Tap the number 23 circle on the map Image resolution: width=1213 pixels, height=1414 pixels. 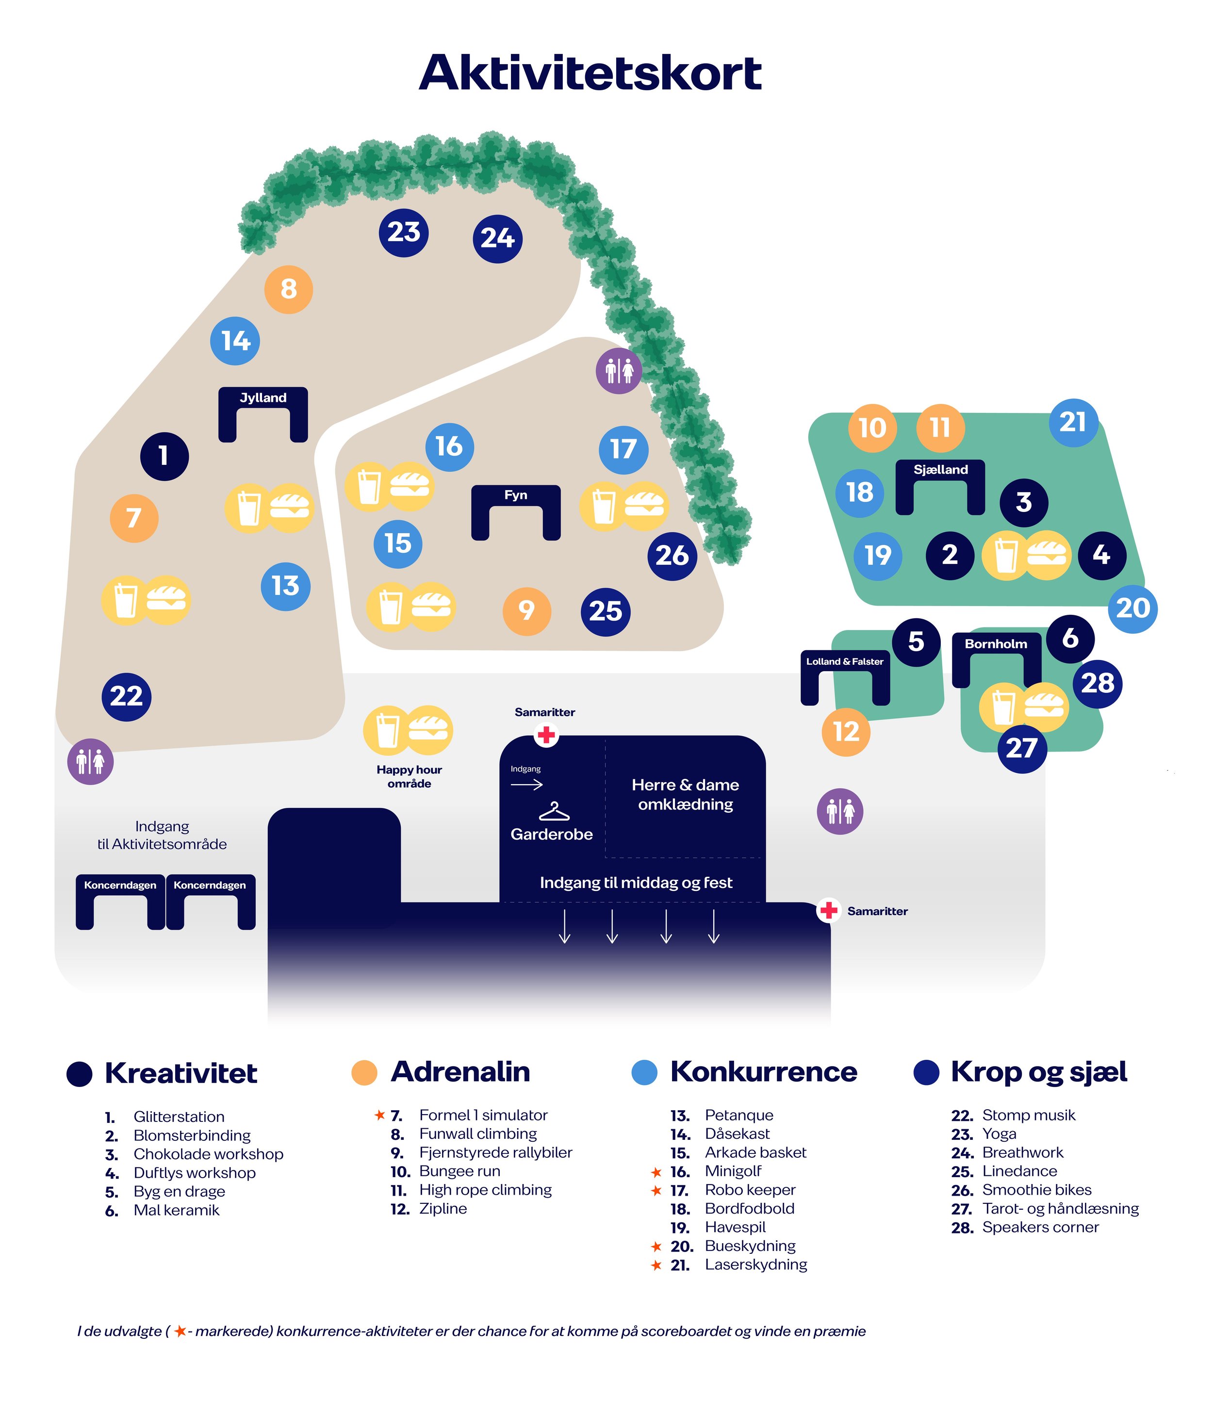tap(404, 233)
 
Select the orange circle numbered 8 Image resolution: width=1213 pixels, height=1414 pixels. tap(289, 289)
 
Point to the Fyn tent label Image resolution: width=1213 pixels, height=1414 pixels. tap(516, 495)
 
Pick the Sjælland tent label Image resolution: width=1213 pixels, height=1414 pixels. tap(941, 470)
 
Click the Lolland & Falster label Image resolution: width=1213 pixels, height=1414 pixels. tap(845, 661)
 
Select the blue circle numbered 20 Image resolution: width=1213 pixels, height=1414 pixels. tap(1133, 608)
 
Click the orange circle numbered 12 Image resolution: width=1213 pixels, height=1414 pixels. tap(846, 732)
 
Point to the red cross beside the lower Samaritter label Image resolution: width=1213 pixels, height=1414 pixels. tap(829, 910)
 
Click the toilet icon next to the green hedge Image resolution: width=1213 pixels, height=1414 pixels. tap(619, 371)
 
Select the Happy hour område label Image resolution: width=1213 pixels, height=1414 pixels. tap(410, 776)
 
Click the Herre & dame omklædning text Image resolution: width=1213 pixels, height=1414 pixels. tap(686, 794)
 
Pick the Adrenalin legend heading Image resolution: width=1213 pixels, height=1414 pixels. tap(460, 1071)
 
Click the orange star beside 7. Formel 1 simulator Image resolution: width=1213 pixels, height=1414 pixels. tap(380, 1115)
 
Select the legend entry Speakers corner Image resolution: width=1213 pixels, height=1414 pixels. tap(1040, 1227)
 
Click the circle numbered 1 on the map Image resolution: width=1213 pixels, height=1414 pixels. tap(164, 456)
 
